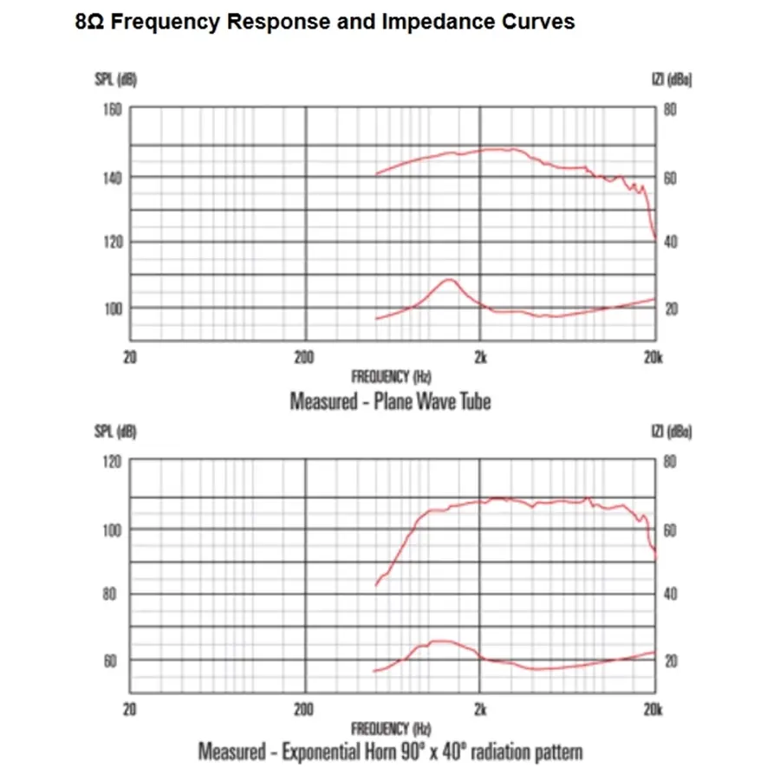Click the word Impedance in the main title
click(x=432, y=23)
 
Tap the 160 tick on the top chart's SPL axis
click(x=114, y=110)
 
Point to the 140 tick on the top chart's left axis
click(x=114, y=177)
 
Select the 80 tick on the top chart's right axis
click(x=670, y=110)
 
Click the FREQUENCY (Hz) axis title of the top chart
click(x=391, y=377)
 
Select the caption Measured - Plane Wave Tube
click(x=390, y=402)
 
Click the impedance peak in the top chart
click(x=449, y=280)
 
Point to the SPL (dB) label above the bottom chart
click(x=115, y=431)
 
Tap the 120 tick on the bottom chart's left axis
click(x=114, y=462)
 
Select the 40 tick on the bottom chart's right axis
click(x=670, y=595)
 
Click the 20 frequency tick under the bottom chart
click(x=130, y=710)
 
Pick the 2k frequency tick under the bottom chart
click(x=480, y=710)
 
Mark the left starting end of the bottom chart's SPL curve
click(x=375, y=585)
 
